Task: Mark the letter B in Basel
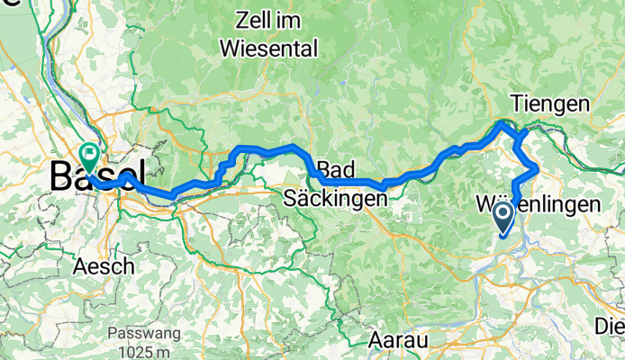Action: (x=60, y=175)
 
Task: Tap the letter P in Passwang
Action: (x=112, y=332)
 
